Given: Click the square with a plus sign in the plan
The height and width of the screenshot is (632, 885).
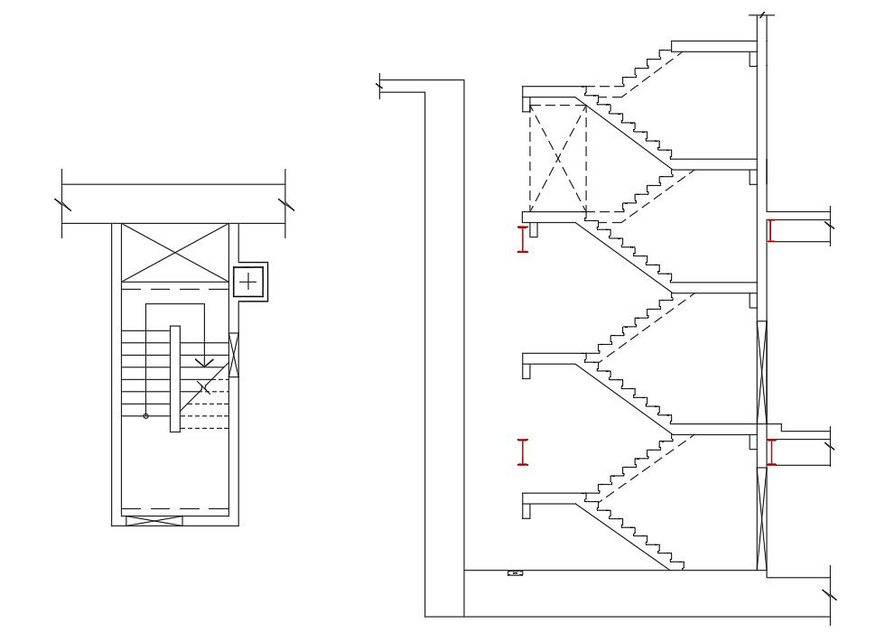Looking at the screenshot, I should [x=248, y=283].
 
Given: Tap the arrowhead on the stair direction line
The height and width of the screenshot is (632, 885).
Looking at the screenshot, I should [x=205, y=361].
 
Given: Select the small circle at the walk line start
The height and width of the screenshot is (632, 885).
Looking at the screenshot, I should [x=145, y=416].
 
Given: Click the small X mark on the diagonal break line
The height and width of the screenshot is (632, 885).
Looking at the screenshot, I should [x=204, y=386].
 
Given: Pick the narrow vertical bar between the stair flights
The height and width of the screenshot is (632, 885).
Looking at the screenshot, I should [x=174, y=378].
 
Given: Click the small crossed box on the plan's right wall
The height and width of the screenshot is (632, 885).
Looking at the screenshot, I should [x=234, y=354].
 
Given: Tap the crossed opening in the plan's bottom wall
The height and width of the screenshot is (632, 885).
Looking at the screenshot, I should [x=154, y=521].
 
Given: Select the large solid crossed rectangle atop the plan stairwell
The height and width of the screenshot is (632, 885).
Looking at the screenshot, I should [x=174, y=253].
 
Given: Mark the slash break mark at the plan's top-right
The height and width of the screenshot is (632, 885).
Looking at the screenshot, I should [x=285, y=204].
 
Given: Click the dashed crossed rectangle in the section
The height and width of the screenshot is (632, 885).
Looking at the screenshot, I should [x=557, y=159].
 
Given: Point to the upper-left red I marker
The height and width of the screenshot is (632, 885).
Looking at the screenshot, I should [x=523, y=239].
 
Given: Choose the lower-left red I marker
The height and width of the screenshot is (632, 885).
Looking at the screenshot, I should [x=523, y=452].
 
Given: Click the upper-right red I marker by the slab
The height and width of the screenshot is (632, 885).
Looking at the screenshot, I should [x=770, y=231].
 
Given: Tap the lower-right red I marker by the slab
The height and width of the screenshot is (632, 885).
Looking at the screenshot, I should [x=770, y=452].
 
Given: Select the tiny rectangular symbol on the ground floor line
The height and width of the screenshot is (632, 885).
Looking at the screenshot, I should [x=515, y=572].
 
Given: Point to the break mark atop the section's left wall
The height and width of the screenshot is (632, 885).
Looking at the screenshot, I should [x=380, y=87].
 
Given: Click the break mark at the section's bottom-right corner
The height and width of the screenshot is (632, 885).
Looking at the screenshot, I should [x=829, y=593].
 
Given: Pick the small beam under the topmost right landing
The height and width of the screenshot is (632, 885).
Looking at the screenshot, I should [x=752, y=59].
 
